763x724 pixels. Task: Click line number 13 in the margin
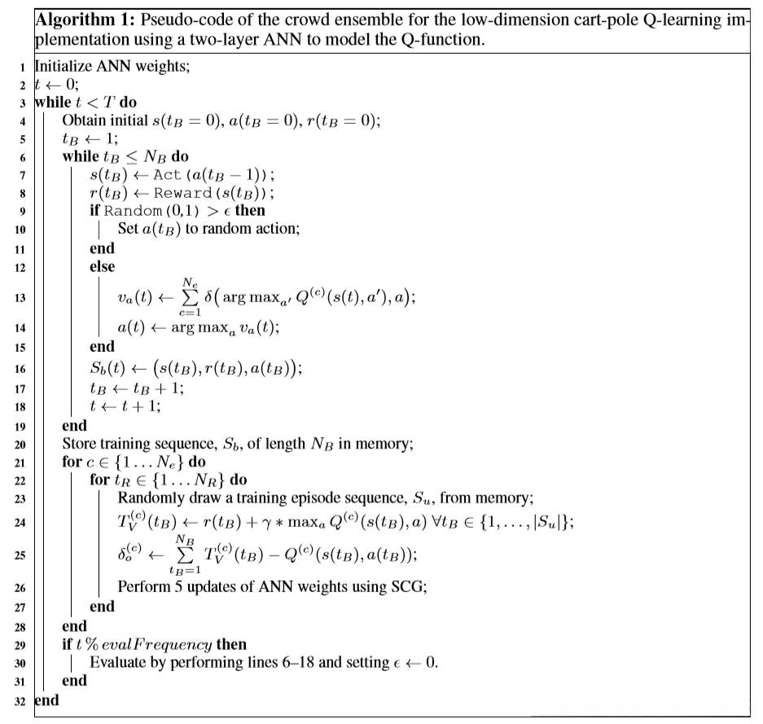20,297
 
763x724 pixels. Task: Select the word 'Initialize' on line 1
63,68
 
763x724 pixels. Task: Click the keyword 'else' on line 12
102,265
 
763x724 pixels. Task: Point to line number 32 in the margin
20,699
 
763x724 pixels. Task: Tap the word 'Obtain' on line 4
84,121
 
